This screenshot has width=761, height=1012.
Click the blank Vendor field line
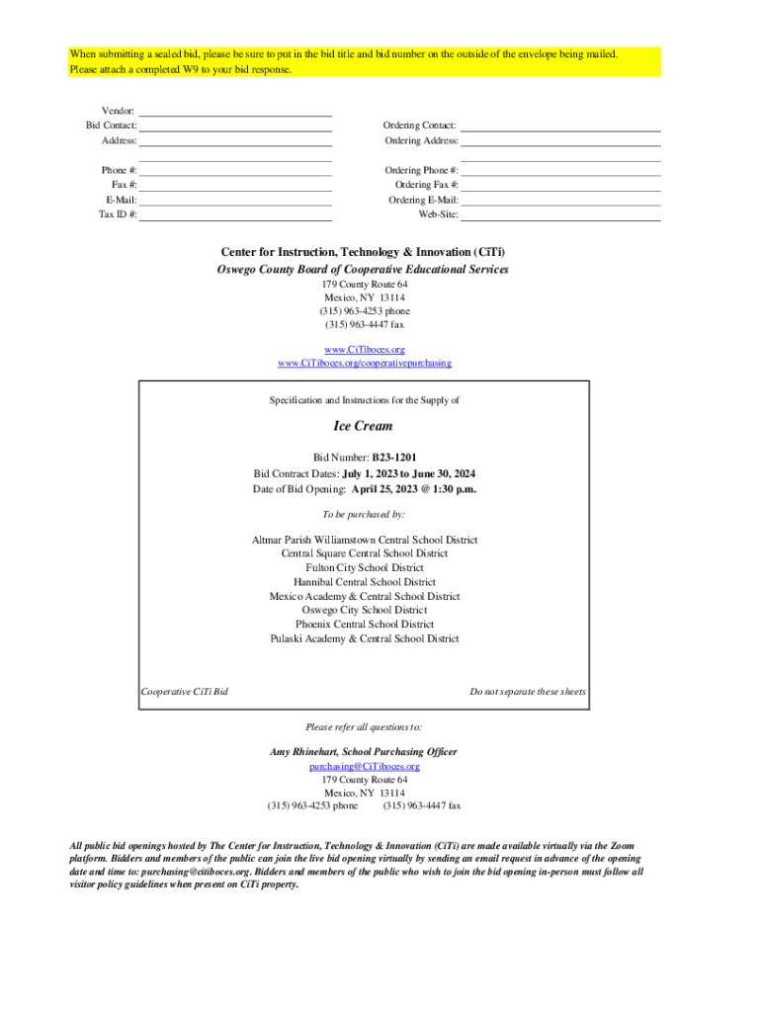(235, 111)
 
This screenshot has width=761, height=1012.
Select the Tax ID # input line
(235, 214)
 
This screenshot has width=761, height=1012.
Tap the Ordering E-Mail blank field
(560, 200)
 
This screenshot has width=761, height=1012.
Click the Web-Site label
(438, 214)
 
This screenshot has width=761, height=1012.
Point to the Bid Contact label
(111, 126)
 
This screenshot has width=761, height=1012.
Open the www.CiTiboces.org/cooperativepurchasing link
(365, 364)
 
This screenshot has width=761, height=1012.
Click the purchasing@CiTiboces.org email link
(365, 766)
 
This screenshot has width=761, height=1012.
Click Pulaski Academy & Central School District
(365, 639)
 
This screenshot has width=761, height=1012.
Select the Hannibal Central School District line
(365, 582)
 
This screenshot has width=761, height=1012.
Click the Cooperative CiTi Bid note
(185, 692)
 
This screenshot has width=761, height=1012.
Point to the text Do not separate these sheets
(527, 692)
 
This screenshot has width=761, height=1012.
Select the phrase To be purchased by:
(365, 515)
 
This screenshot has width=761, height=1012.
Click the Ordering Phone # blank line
(560, 170)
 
